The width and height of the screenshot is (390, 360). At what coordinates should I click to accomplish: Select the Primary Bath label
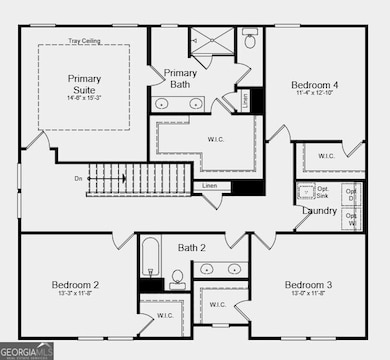coord(180,78)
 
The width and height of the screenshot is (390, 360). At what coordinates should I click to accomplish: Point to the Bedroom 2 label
coord(75,285)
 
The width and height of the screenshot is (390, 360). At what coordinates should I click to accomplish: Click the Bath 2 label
coord(192,247)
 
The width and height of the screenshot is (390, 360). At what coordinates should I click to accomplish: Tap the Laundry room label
coord(319,211)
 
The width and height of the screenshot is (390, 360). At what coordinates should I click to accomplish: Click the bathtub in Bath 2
coord(151,259)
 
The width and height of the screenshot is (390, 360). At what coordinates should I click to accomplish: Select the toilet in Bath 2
coord(177,277)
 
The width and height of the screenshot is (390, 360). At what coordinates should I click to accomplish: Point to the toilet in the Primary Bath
coord(250,43)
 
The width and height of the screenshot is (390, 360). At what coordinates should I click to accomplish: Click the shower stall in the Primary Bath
coord(211,43)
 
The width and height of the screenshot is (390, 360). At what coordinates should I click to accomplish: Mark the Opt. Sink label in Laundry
coord(323,192)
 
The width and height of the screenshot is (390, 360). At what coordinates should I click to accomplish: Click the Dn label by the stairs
coord(79,179)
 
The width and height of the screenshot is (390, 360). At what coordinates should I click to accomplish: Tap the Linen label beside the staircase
coord(209,186)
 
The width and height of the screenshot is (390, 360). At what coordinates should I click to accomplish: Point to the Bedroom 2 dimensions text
coord(75,294)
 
